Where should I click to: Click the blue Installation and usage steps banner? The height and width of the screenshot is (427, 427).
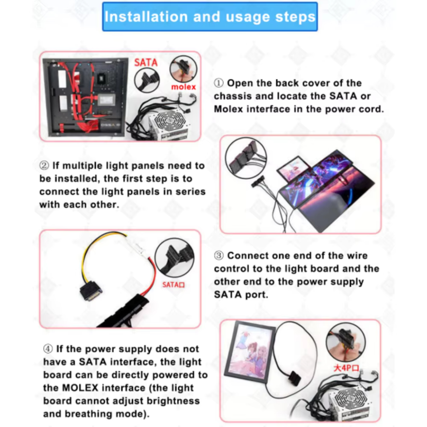pyautogui.click(x=210, y=17)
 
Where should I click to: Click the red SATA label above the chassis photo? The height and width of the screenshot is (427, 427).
pyautogui.click(x=146, y=63)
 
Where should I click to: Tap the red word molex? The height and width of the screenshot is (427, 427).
pyautogui.click(x=183, y=87)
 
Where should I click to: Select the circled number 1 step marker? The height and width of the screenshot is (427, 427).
pyautogui.click(x=219, y=83)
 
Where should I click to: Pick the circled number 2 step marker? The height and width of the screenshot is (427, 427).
pyautogui.click(x=44, y=165)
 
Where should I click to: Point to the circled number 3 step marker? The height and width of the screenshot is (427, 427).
pyautogui.click(x=219, y=255)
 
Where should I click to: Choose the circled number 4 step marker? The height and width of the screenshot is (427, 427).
pyautogui.click(x=48, y=349)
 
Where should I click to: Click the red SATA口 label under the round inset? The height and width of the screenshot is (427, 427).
pyautogui.click(x=173, y=285)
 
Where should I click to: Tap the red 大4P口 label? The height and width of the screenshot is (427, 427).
pyautogui.click(x=346, y=368)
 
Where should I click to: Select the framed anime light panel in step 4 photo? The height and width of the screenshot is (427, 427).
pyautogui.click(x=250, y=352)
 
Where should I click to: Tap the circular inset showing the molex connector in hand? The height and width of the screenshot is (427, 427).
pyautogui.click(x=183, y=69)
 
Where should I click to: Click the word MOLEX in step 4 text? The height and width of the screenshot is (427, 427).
pyautogui.click(x=80, y=388)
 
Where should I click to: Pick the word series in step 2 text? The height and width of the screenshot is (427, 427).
pyautogui.click(x=190, y=192)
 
